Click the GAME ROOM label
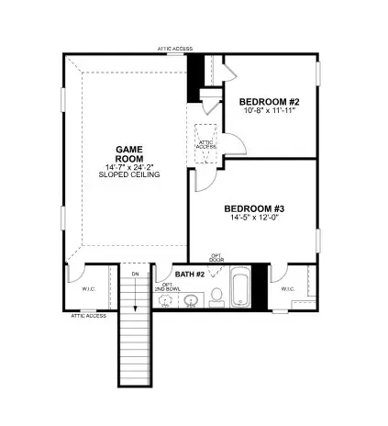pyautogui.click(x=129, y=152)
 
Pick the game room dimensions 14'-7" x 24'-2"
pyautogui.click(x=129, y=167)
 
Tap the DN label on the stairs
pyautogui.click(x=135, y=275)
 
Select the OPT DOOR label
pyautogui.click(x=216, y=257)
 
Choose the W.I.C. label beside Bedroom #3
pyautogui.click(x=287, y=289)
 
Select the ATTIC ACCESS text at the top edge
pyautogui.click(x=176, y=48)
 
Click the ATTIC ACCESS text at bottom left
pyautogui.click(x=89, y=317)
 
